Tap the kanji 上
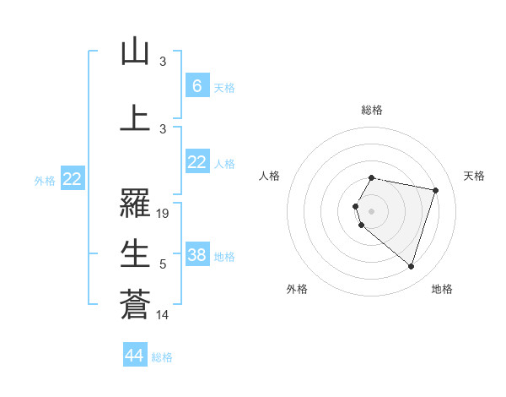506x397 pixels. [135, 117]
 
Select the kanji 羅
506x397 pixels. [135, 203]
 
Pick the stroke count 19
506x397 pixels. [164, 214]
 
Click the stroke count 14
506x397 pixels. [164, 315]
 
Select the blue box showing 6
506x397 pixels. [196, 85]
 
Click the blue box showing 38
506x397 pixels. [196, 255]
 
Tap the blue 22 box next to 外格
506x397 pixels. [73, 178]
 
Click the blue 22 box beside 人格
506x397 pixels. [196, 162]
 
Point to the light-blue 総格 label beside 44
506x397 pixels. [162, 357]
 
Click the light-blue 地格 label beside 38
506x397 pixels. [224, 257]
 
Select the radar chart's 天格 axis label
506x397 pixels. [475, 176]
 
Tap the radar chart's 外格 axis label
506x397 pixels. [297, 289]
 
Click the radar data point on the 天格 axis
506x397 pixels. [435, 191]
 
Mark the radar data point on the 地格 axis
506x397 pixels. [411, 266]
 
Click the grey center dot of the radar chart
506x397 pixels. [371, 210]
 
